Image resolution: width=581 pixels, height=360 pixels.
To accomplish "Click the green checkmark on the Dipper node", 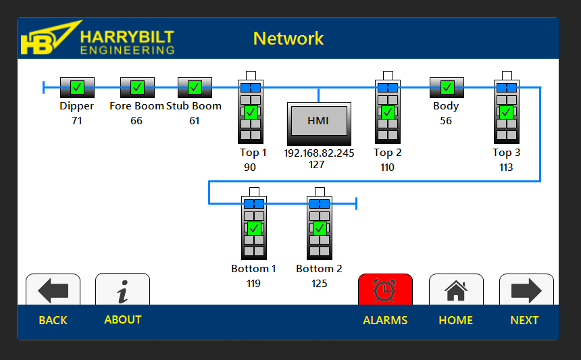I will [x=77, y=87].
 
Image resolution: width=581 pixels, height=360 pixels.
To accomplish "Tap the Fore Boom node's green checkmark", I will [x=137, y=87].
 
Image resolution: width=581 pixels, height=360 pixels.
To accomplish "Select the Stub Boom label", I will [x=194, y=106].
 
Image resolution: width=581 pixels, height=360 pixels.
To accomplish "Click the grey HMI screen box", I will [x=318, y=121].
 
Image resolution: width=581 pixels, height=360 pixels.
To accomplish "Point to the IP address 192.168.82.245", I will [x=319, y=153].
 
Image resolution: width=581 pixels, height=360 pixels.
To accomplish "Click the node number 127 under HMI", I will [x=316, y=165].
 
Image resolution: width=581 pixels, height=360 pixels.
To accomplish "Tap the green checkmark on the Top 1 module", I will [x=251, y=111].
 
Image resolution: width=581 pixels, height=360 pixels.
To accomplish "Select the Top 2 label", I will [x=388, y=153].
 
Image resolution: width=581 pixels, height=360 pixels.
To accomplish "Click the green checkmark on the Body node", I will [x=447, y=87].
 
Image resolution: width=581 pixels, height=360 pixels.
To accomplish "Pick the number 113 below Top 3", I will [x=506, y=168].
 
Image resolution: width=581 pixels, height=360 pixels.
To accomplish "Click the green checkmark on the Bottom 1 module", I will [x=254, y=228].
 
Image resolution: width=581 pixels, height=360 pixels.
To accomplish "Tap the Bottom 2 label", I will [x=319, y=269].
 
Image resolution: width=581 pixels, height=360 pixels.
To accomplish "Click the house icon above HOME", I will [x=456, y=290].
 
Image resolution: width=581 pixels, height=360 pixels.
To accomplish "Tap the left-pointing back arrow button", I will [x=53, y=290].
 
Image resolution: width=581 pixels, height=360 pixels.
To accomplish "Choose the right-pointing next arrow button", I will [x=526, y=290].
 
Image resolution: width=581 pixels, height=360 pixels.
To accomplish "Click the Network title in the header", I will [x=288, y=38].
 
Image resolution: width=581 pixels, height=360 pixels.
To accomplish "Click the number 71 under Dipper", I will [x=77, y=121].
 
